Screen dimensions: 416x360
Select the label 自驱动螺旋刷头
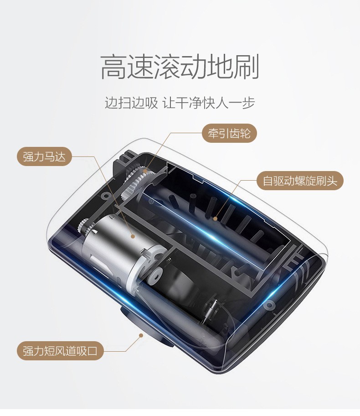[x=299, y=181]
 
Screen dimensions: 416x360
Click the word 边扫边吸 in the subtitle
[x=131, y=102]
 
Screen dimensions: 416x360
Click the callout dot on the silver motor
[x=133, y=236]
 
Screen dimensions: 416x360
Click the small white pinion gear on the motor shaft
[x=85, y=224]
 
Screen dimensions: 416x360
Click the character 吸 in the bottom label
[x=82, y=351]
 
